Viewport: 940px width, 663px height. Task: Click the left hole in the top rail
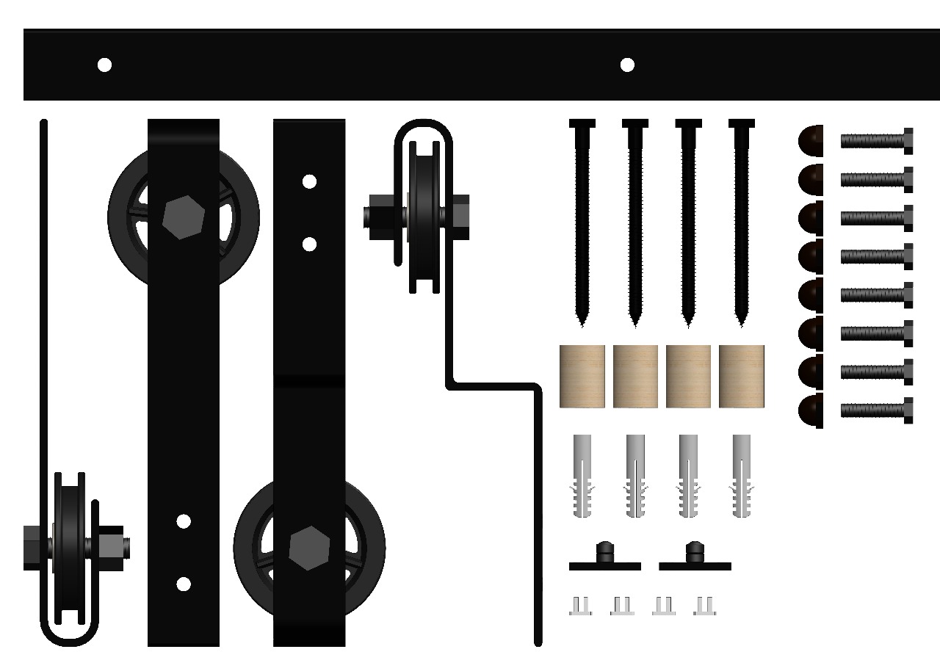point(104,65)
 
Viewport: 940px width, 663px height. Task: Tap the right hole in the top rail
point(627,65)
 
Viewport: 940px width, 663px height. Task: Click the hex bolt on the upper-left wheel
point(179,218)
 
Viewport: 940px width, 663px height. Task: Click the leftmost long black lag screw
point(582,220)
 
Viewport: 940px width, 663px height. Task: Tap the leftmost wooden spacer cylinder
point(582,376)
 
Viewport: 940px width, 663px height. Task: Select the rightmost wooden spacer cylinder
point(742,376)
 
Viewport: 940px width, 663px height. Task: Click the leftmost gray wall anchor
point(581,476)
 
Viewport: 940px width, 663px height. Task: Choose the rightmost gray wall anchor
point(742,476)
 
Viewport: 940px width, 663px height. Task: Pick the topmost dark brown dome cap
point(811,140)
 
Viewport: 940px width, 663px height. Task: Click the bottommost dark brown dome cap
point(811,410)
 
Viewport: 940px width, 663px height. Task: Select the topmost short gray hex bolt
point(876,140)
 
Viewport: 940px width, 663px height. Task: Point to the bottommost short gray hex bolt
point(876,410)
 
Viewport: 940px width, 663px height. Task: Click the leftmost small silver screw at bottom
point(580,606)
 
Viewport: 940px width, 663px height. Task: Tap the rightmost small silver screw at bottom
point(705,606)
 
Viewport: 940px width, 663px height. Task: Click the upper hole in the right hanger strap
point(309,181)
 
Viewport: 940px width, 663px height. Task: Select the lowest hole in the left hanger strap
point(184,584)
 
